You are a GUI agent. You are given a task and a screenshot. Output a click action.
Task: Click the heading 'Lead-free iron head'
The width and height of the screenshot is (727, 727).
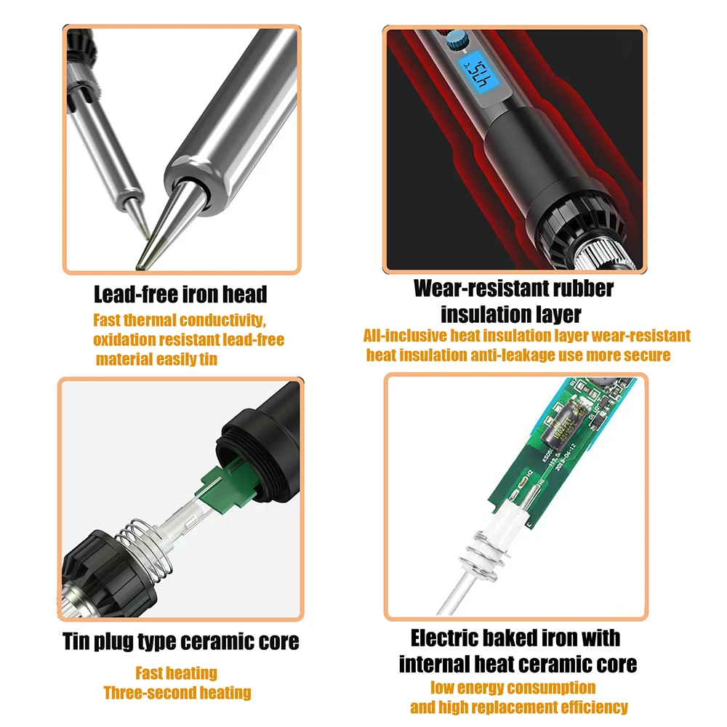tap(180, 294)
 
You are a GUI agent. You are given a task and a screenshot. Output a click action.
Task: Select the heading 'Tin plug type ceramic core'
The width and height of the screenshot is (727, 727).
tap(181, 642)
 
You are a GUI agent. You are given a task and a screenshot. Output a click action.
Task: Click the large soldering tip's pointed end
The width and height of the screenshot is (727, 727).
tap(138, 268)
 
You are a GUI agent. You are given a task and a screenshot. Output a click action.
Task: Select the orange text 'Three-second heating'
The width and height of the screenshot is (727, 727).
tap(177, 693)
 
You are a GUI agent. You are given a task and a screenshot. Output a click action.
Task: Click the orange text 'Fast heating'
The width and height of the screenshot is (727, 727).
tap(176, 672)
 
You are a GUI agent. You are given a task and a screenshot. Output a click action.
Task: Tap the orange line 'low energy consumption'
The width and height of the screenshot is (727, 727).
tap(513, 688)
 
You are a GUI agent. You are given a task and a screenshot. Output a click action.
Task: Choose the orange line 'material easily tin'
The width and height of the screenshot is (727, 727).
tap(156, 359)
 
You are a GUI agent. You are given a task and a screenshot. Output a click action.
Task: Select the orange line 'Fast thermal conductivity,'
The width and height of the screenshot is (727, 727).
tap(180, 320)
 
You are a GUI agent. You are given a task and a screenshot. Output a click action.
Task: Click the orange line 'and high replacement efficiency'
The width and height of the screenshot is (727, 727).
tap(519, 707)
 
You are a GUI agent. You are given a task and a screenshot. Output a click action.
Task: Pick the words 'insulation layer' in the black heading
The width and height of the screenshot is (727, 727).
tap(510, 314)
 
